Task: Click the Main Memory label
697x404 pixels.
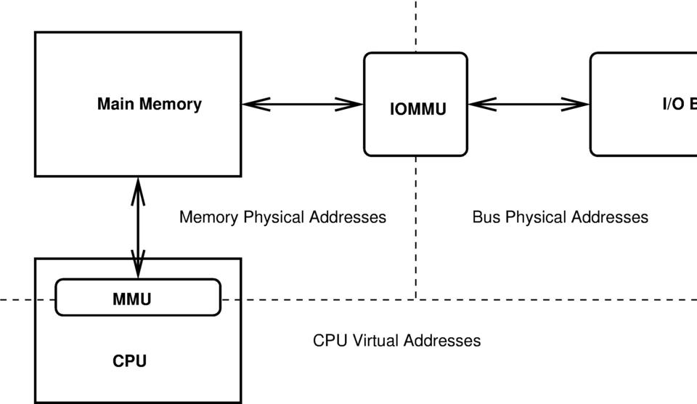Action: coord(149,104)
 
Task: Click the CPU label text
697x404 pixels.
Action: coord(129,361)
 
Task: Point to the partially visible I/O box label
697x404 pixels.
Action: coord(679,104)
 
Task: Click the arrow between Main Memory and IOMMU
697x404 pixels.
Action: coord(302,104)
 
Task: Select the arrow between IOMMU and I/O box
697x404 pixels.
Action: coord(529,104)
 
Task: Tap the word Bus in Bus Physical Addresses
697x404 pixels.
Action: coord(486,217)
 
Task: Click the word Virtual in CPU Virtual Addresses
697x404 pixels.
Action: coord(376,341)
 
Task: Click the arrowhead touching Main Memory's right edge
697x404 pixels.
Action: coord(255,104)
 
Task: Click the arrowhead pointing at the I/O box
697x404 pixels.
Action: coord(576,104)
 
